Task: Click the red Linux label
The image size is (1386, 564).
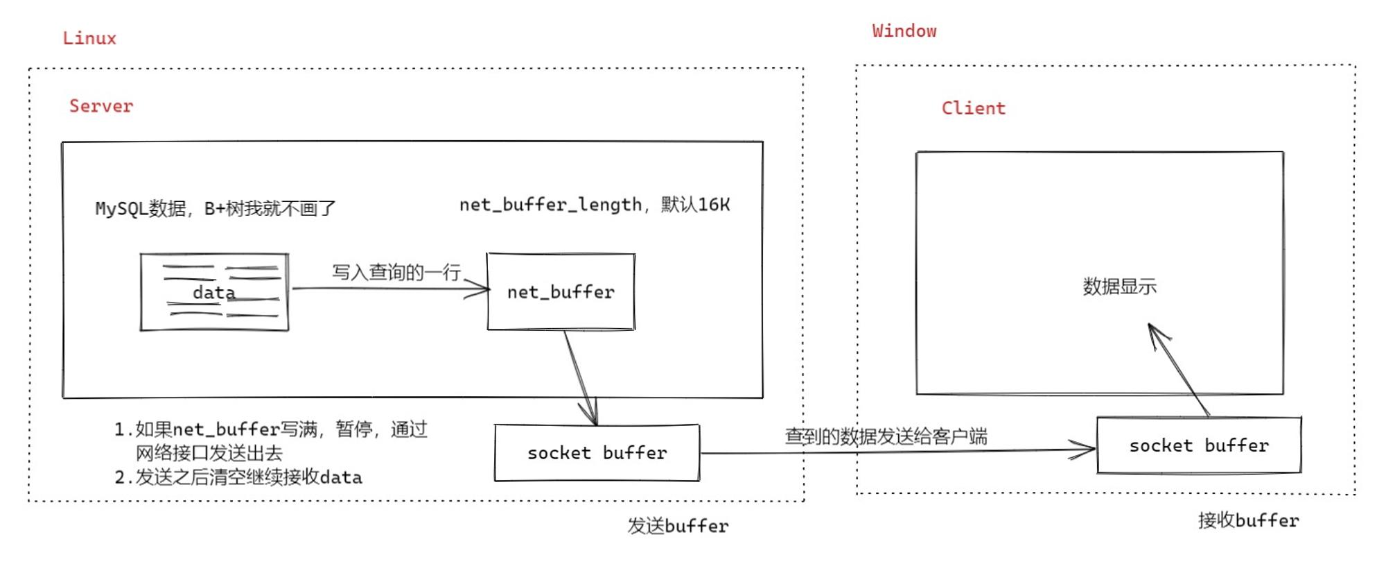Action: click(89, 38)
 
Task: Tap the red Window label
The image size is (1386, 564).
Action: click(904, 31)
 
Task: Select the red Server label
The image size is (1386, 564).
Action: click(101, 105)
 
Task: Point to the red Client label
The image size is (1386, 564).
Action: click(974, 108)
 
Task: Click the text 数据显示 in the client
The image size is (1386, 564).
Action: click(1120, 286)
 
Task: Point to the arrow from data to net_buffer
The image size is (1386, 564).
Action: click(391, 289)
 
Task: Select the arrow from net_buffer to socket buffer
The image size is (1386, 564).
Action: click(581, 378)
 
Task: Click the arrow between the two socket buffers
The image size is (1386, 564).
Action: click(898, 452)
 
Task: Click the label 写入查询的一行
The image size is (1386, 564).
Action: click(396, 272)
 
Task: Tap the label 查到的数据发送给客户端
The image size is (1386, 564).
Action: click(886, 436)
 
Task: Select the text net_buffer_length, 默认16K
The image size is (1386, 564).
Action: click(595, 205)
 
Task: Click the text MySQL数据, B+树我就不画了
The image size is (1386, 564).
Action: click(216, 208)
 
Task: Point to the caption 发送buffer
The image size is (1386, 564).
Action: click(678, 526)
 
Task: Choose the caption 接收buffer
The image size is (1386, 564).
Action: click(1249, 520)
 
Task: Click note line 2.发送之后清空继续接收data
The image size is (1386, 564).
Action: click(238, 477)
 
